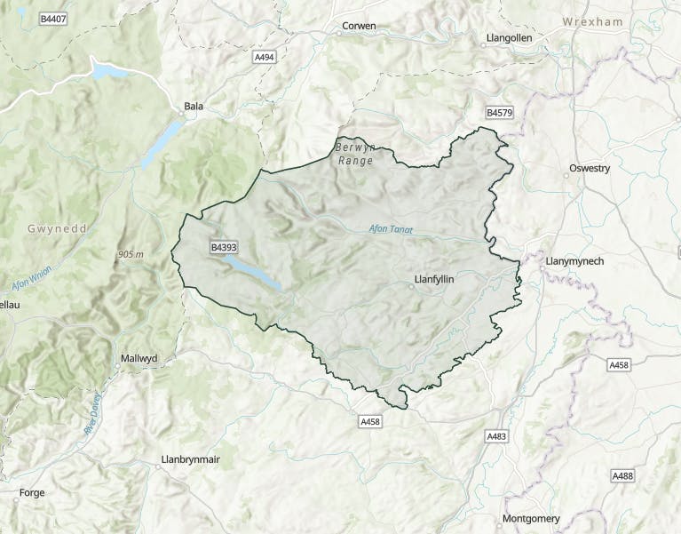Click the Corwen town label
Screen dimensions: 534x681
click(360, 27)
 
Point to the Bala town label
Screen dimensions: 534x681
click(194, 107)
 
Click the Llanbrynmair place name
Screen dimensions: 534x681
click(190, 459)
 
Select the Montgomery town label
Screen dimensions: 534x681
click(532, 519)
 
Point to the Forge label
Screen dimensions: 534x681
click(31, 492)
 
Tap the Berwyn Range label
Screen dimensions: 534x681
click(356, 154)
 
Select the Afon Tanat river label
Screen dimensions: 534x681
click(392, 229)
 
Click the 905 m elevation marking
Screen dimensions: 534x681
click(130, 255)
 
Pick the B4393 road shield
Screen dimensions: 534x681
click(224, 246)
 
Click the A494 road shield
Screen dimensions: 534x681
click(264, 57)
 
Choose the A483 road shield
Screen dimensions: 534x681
click(496, 436)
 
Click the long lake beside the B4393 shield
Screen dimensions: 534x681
click(253, 272)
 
